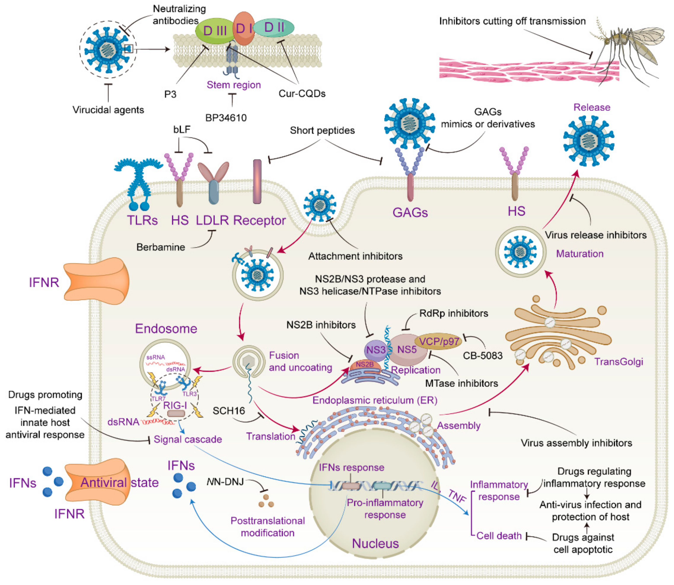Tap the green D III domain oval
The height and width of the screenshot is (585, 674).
click(x=214, y=31)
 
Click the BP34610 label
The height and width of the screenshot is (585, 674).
click(x=226, y=118)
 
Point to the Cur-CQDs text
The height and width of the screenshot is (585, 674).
click(x=302, y=94)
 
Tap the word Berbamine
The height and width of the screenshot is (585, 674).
click(x=161, y=247)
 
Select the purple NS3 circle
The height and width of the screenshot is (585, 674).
click(x=375, y=350)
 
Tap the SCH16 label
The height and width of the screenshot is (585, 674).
click(x=228, y=411)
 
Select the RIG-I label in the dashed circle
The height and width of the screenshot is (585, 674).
click(x=175, y=406)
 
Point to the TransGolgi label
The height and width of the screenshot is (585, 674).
click(x=618, y=362)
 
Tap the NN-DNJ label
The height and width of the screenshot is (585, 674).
click(x=225, y=482)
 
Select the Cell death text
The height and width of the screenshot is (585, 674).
click(x=499, y=536)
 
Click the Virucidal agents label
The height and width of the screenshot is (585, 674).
click(x=108, y=110)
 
